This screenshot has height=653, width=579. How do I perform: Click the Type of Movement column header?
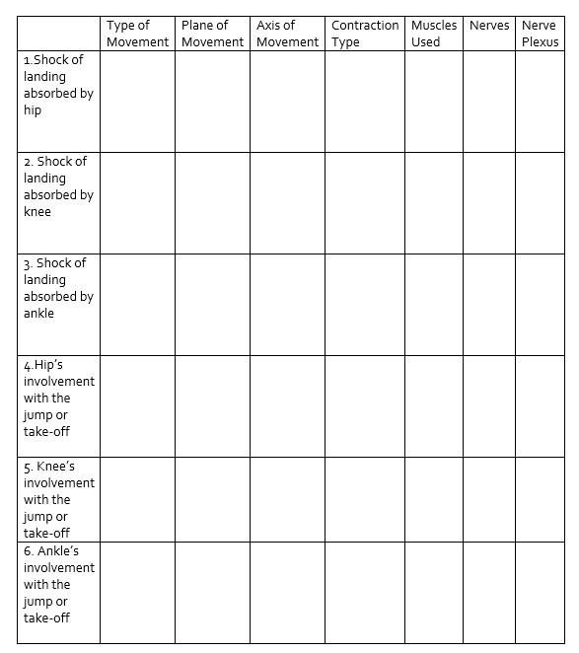coord(137,34)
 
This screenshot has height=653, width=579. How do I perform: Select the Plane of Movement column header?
coord(212,34)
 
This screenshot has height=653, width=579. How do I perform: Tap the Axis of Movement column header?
coord(287,34)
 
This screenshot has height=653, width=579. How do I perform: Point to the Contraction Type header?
coord(364,34)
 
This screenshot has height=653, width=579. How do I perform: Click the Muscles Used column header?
coord(433,34)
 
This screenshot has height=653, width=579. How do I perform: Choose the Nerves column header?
coord(489,26)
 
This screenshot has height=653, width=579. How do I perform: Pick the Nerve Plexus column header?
coord(540,34)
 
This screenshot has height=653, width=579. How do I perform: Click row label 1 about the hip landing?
coord(58,85)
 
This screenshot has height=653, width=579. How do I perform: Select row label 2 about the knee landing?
coord(58,186)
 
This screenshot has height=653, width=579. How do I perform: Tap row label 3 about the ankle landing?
coord(58,288)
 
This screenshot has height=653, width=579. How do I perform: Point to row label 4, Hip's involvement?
coord(59,398)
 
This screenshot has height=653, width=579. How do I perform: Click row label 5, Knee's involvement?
coord(59,499)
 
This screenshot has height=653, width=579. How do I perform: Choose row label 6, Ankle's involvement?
coord(59,584)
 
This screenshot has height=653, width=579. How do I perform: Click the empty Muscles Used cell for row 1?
coord(433,102)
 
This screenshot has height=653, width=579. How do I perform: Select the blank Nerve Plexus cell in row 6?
coord(540,592)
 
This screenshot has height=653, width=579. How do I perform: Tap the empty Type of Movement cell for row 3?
coord(137,305)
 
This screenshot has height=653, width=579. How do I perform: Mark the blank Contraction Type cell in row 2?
coord(364,203)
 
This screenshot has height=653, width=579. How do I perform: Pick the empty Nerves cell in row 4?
coord(489,406)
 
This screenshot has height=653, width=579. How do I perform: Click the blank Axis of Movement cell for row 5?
coord(287,499)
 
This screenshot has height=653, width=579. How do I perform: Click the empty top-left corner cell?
coord(58,34)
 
